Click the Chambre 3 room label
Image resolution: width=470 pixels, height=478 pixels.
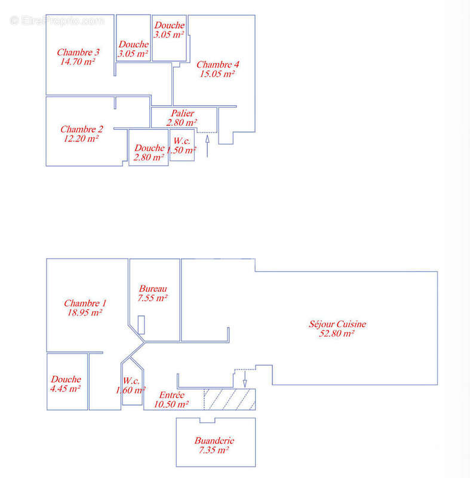(x=78, y=52)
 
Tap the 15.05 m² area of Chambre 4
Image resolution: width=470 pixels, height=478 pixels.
(x=217, y=73)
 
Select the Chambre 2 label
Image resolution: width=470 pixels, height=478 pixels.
(x=82, y=129)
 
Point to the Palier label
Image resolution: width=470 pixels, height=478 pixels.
(x=183, y=113)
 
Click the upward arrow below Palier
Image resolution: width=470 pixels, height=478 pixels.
(x=207, y=146)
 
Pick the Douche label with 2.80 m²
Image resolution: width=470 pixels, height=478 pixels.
(x=149, y=148)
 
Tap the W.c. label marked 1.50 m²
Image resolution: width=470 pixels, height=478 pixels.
(x=182, y=141)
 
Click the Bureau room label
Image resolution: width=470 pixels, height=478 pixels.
(x=153, y=289)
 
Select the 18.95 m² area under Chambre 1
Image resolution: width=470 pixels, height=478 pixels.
(x=84, y=312)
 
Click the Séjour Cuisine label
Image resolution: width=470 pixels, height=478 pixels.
(x=337, y=324)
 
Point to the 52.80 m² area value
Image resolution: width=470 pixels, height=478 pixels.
(x=336, y=333)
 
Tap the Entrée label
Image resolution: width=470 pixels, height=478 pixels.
(x=172, y=395)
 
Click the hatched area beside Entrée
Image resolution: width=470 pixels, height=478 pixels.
(x=230, y=399)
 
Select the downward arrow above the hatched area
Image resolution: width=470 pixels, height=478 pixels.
(x=245, y=379)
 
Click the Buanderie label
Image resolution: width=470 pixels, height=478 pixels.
(x=214, y=440)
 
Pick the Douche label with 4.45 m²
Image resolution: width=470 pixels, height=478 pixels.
(x=66, y=379)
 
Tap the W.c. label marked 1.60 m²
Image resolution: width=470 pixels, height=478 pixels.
(x=131, y=381)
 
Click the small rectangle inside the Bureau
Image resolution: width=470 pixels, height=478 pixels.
(x=141, y=324)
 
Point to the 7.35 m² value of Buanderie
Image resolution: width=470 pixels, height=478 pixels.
(x=214, y=450)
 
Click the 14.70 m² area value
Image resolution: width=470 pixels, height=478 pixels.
(x=78, y=62)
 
